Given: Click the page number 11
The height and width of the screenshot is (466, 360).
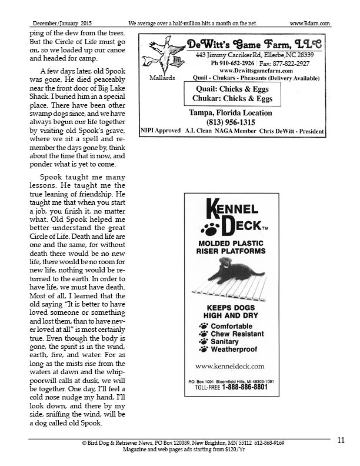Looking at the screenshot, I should [341, 440].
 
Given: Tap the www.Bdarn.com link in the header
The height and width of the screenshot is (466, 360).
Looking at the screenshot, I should [309, 23].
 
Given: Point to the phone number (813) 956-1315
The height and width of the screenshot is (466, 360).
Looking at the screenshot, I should [230, 122].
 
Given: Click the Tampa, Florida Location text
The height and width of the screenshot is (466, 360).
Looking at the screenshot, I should [230, 112].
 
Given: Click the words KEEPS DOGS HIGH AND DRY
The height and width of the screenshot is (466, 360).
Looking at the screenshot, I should [231, 311].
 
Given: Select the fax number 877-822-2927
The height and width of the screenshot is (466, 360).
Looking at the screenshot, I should [302, 62].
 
